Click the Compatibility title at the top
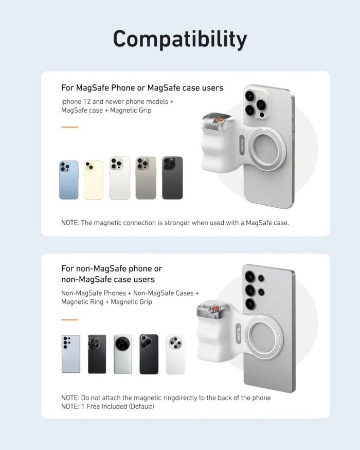(179, 39)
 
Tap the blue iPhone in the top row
(69, 179)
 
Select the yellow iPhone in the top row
(94, 179)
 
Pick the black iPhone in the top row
(172, 178)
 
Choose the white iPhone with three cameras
(119, 178)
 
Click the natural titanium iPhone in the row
(146, 178)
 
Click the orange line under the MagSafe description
(69, 127)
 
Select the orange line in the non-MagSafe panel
(69, 319)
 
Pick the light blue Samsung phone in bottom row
(71, 354)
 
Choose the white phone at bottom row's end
(175, 354)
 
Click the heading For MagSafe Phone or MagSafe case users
(142, 88)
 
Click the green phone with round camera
(122, 354)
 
